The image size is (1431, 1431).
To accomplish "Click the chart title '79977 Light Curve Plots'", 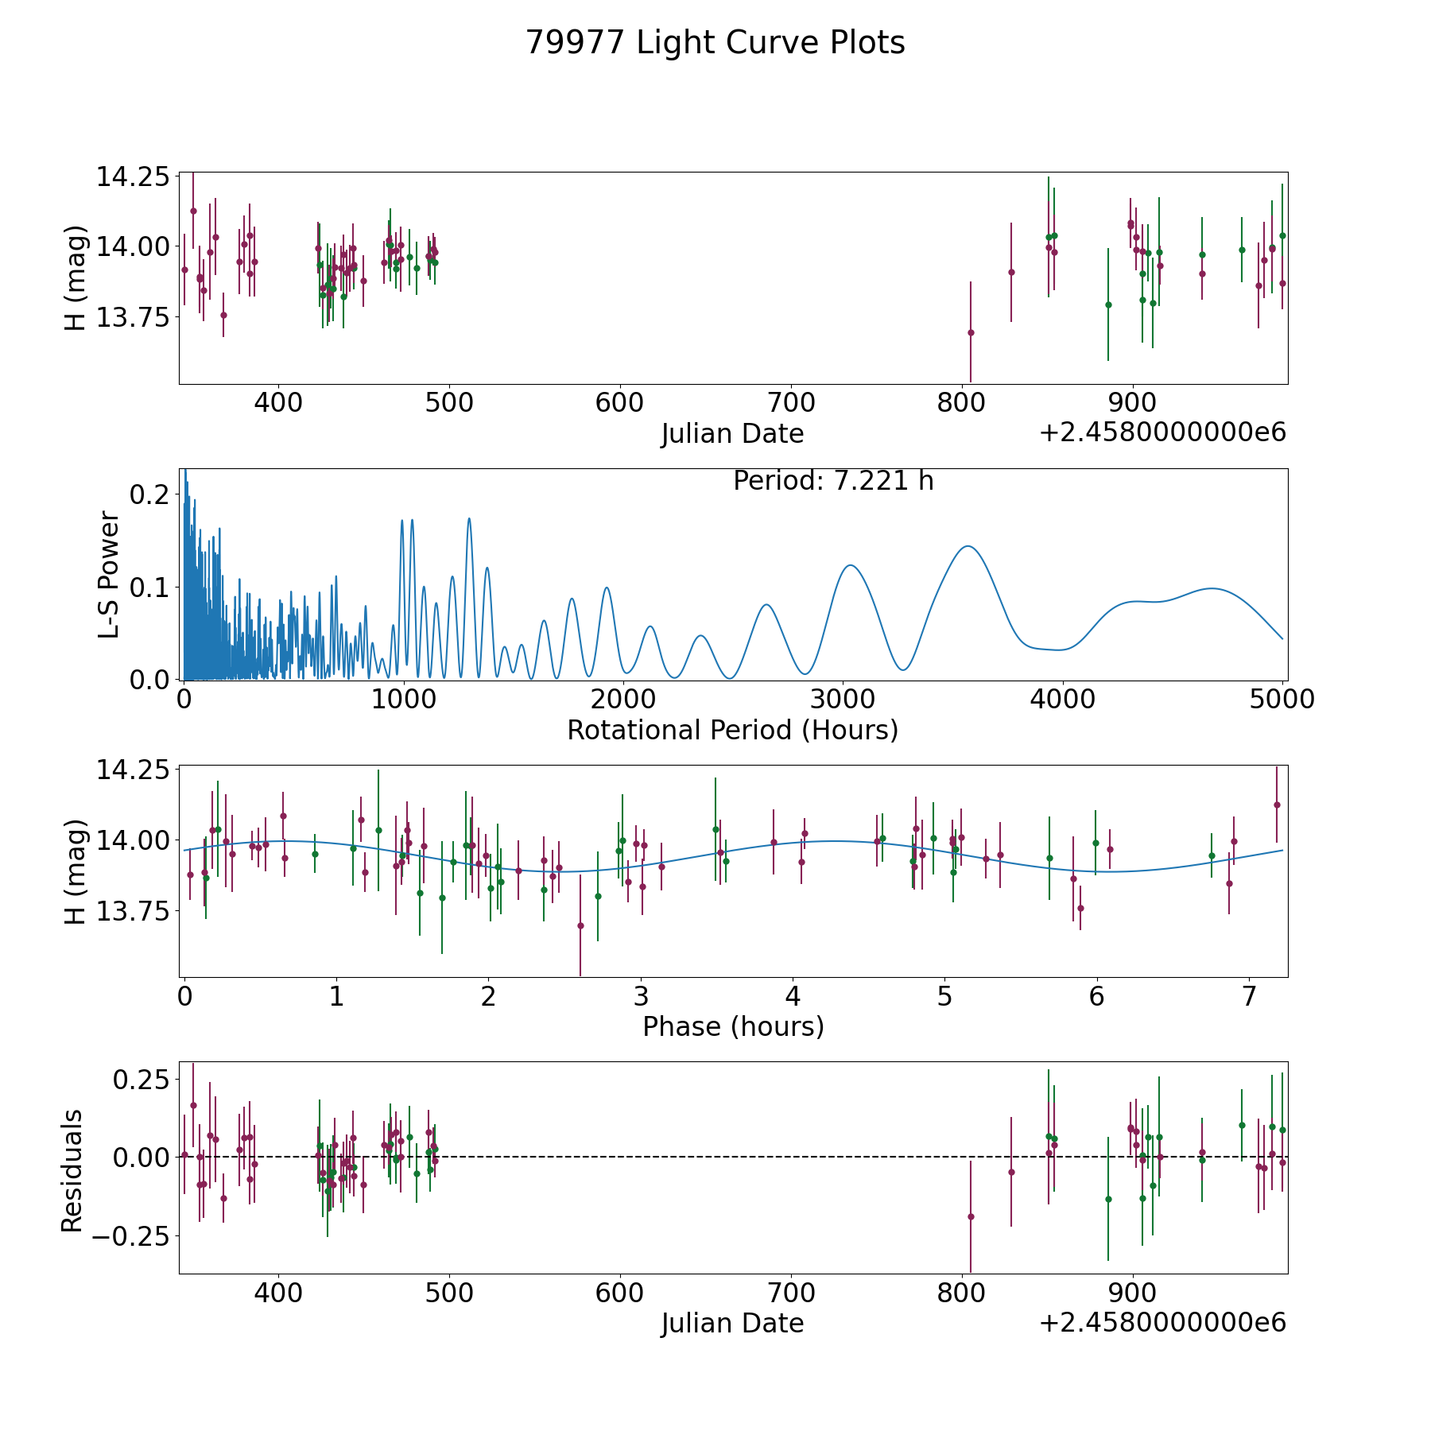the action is (x=715, y=43).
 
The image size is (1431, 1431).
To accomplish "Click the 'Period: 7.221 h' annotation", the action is (x=833, y=481).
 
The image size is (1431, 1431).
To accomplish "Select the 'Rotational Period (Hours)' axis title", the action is (x=732, y=730).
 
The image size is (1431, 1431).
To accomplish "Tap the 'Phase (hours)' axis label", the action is (x=733, y=1026).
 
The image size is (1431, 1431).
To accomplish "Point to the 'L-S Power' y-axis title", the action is (x=109, y=575).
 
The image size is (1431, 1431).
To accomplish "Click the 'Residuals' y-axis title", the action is (x=72, y=1171).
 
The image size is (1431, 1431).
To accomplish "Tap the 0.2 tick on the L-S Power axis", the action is (x=150, y=494).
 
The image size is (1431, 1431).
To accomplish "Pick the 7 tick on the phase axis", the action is (x=1249, y=996).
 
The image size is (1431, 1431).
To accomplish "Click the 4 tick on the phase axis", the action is (x=793, y=996).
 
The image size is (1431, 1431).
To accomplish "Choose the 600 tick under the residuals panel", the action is (x=620, y=1293).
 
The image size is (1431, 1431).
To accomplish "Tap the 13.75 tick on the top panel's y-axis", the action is (x=133, y=317).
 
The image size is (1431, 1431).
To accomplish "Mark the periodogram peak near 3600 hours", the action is (x=968, y=546).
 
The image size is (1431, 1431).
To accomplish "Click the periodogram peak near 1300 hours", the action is (x=469, y=518).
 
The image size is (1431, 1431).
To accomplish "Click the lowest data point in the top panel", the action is (x=971, y=332).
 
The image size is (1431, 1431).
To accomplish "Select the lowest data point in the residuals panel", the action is (x=971, y=1216).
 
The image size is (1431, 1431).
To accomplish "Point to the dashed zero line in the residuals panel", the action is (x=733, y=1157).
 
